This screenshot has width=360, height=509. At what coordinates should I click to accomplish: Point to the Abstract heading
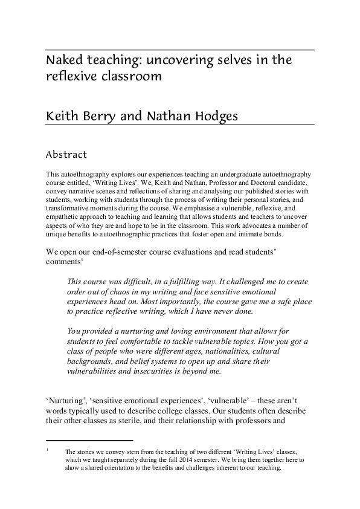66,155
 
